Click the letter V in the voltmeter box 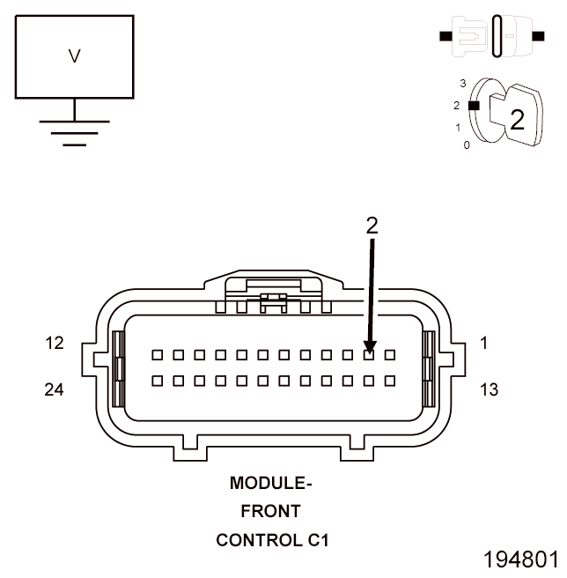coord(74,56)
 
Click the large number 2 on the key coord(517,121)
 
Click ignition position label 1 coord(458,128)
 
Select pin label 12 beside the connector coord(55,344)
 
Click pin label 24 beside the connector coord(55,389)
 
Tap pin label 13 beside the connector coord(489,389)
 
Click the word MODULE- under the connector coord(271,484)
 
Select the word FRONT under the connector coord(271,511)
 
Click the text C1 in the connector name coord(317,539)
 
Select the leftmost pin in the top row coord(157,355)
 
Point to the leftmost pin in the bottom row coord(157,381)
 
